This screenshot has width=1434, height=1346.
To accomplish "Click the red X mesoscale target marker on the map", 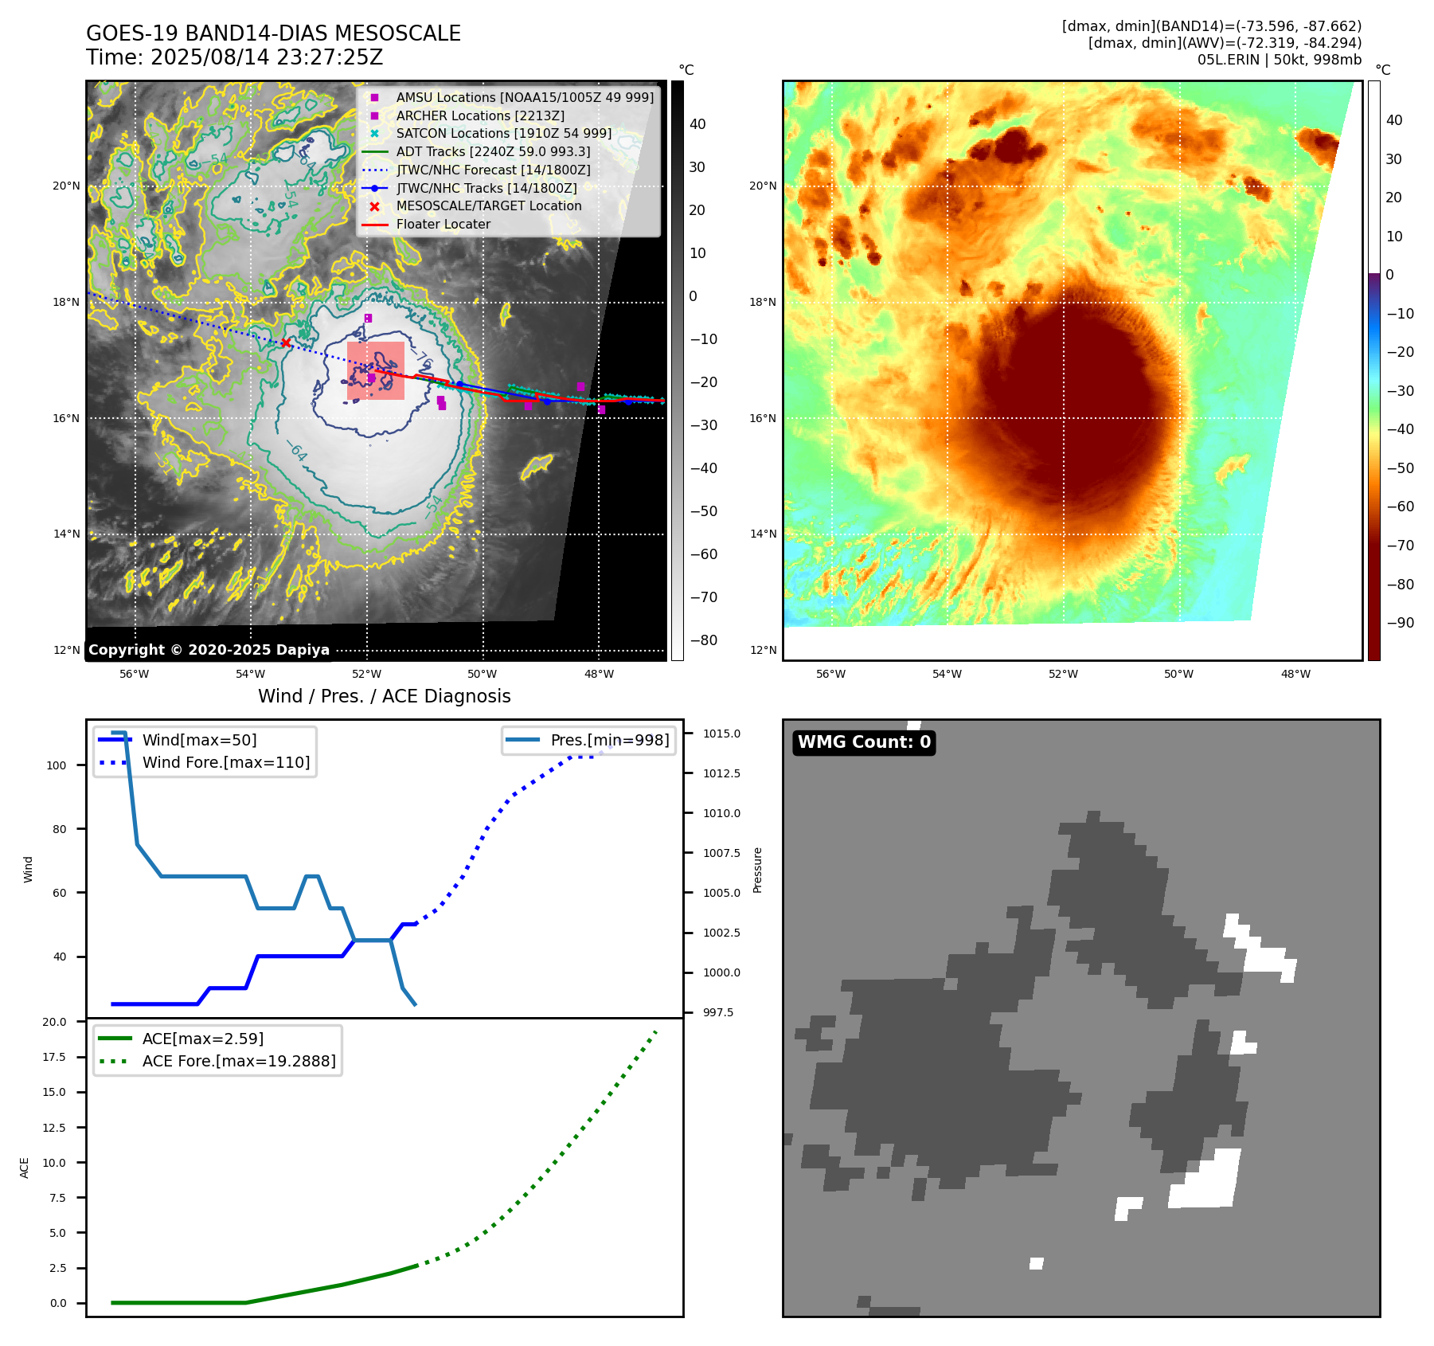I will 285,342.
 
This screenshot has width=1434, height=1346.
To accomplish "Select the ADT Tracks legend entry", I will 493,151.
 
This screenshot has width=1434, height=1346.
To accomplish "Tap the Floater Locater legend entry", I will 443,225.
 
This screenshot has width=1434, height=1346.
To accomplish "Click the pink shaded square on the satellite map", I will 376,370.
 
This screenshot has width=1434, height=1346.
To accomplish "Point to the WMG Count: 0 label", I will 864,742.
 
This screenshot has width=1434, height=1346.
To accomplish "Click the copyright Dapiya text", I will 209,650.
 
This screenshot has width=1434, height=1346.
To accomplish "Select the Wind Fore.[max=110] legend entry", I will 226,762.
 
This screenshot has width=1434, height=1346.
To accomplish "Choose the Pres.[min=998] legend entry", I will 610,740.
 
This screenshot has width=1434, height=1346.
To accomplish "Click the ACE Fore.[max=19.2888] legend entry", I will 239,1061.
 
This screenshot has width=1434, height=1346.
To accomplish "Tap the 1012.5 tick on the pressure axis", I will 721,773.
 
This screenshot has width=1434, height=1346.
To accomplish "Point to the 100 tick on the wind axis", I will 57,765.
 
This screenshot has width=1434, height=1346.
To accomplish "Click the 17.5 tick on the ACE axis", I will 54,1057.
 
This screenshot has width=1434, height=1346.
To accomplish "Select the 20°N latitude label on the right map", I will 762,186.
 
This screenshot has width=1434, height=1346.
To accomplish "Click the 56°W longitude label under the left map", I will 134,674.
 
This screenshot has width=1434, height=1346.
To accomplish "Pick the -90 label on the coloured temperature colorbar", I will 1400,623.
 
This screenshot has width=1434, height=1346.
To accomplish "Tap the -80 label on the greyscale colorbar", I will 703,640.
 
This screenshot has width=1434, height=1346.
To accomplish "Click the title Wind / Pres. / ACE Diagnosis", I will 384,696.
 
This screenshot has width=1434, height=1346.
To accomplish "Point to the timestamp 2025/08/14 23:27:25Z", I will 267,57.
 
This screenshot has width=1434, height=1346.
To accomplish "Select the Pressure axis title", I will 758,870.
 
